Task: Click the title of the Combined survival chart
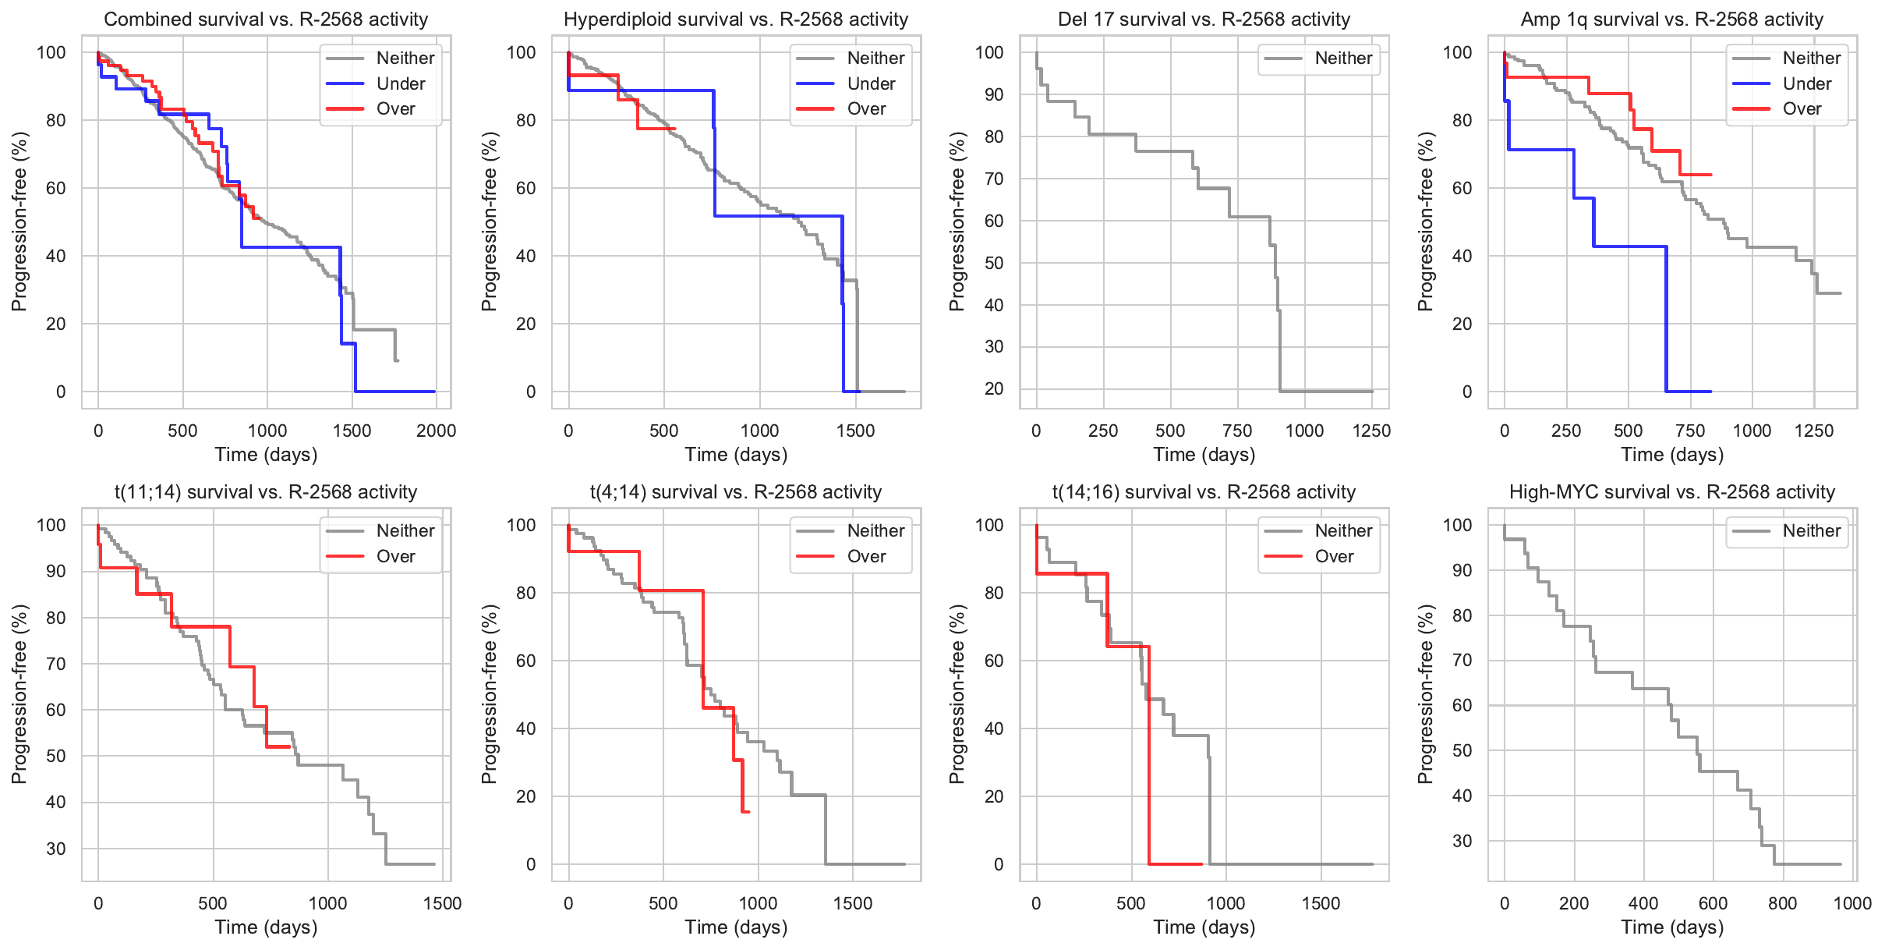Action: pyautogui.click(x=266, y=19)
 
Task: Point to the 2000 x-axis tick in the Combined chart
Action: pyautogui.click(x=436, y=431)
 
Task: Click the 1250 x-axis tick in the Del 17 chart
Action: pyautogui.click(x=1371, y=431)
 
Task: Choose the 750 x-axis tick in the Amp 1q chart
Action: pyautogui.click(x=1690, y=431)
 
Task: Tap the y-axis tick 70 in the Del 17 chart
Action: pyautogui.click(x=993, y=179)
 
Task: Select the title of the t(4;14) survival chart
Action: pyautogui.click(x=736, y=492)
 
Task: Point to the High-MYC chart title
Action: pyautogui.click(x=1672, y=492)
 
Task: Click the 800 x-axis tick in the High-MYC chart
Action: pyautogui.click(x=1782, y=903)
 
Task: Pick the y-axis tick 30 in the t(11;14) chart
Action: pyautogui.click(x=56, y=849)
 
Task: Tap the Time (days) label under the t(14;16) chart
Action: pyautogui.click(x=1204, y=927)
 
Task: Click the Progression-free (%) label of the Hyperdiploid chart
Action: pyautogui.click(x=489, y=222)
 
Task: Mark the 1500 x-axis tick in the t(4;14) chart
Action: pyautogui.click(x=853, y=903)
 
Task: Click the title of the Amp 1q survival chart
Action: pyautogui.click(x=1672, y=19)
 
